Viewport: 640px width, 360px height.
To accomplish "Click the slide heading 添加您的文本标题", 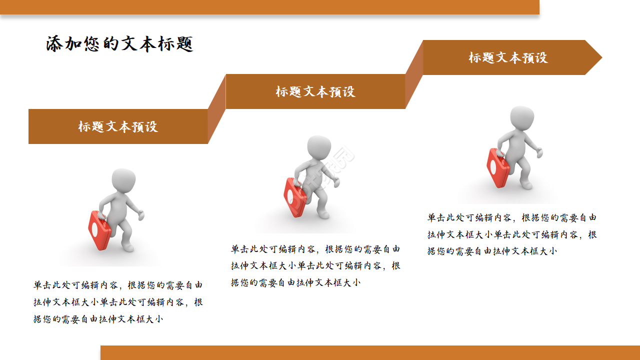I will click(119, 44).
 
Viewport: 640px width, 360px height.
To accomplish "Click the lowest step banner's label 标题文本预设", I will click(118, 126).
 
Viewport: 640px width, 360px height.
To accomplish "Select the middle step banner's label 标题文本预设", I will click(315, 91).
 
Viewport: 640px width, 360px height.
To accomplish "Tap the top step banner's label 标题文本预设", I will click(508, 57).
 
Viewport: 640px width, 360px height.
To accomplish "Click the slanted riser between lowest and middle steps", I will click(216, 109).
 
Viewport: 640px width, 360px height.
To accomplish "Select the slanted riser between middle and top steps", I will click(414, 74).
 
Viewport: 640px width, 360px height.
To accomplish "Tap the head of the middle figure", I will click(318, 148).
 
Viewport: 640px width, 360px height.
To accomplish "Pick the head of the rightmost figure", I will click(522, 118).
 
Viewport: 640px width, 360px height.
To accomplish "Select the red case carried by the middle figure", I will click(294, 197).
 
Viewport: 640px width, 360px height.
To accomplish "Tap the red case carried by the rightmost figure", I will click(497, 167).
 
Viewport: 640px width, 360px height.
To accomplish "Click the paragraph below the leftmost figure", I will click(118, 302).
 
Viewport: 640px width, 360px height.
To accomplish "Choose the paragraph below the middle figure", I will click(315, 266).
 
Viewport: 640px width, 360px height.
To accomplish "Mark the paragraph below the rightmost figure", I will click(512, 234).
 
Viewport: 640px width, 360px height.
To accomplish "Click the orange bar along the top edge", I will click(269, 7).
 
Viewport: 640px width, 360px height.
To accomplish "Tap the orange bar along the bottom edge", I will click(370, 352).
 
